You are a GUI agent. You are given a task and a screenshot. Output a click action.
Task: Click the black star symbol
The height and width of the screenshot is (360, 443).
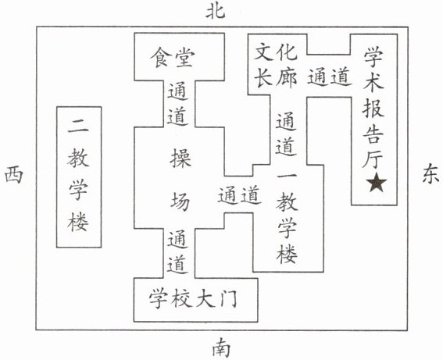click(x=377, y=182)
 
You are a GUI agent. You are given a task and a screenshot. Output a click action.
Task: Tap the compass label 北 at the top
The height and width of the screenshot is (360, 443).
click(x=216, y=12)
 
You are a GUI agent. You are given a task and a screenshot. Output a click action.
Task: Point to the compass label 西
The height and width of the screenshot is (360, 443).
click(x=13, y=175)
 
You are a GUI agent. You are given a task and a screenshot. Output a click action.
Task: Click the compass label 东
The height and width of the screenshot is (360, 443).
click(x=430, y=174)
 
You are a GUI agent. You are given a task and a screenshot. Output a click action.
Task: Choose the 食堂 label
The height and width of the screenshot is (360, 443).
click(x=173, y=58)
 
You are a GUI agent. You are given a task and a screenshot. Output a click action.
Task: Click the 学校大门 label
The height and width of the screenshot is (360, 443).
click(x=193, y=299)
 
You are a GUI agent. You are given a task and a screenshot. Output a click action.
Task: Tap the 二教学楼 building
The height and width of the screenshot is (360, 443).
click(x=79, y=177)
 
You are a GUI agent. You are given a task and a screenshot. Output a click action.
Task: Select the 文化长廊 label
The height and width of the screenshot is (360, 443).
click(x=276, y=67)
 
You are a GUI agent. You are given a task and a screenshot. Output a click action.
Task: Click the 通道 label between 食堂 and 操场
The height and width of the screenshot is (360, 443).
click(x=178, y=104)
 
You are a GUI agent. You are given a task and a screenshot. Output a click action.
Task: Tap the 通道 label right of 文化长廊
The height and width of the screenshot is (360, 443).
click(x=330, y=77)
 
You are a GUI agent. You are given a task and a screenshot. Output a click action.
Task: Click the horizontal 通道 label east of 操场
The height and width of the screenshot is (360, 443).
click(x=240, y=194)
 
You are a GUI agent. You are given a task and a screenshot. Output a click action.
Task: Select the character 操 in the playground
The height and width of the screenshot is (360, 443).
click(x=180, y=158)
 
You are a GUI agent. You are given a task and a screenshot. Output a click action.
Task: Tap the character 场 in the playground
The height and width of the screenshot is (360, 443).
click(x=180, y=201)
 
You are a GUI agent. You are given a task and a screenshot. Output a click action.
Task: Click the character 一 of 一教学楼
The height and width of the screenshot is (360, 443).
click(x=287, y=176)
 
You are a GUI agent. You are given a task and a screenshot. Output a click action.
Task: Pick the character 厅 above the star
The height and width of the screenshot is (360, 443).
click(x=373, y=159)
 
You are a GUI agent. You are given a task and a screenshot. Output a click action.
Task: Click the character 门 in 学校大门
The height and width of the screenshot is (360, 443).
click(x=227, y=299)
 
